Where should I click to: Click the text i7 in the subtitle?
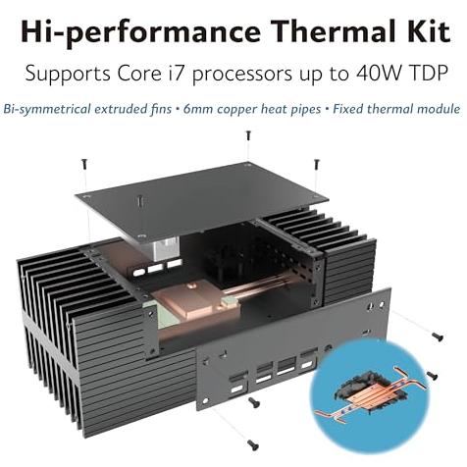click(175, 74)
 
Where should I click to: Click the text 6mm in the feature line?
click(198, 109)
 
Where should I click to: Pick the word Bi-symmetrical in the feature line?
click(47, 110)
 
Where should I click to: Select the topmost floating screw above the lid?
click(248, 135)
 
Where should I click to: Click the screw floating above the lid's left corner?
click(84, 164)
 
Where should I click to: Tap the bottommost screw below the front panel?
click(253, 444)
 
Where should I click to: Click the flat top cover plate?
click(202, 200)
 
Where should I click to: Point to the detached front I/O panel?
click(293, 348)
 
